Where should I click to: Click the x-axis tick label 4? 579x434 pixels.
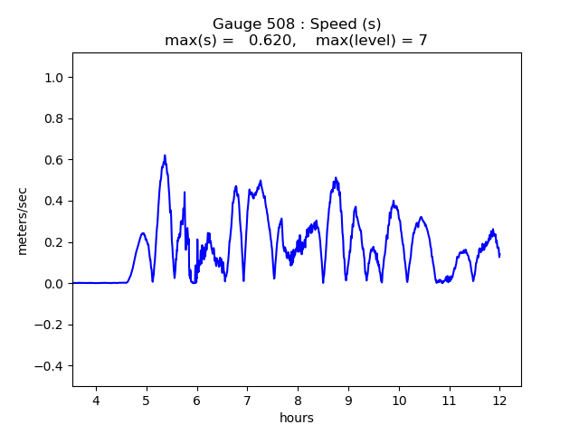click(x=96, y=401)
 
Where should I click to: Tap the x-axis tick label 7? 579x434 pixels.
click(x=247, y=401)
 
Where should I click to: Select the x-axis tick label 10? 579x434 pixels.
click(x=398, y=401)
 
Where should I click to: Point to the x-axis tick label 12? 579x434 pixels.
click(x=499, y=401)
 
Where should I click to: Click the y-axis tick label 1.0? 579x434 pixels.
click(x=54, y=78)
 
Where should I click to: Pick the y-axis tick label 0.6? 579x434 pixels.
click(x=54, y=160)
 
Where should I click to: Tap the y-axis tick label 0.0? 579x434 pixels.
click(x=54, y=284)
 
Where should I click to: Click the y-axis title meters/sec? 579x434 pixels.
click(x=23, y=221)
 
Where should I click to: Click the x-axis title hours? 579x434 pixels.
click(x=297, y=418)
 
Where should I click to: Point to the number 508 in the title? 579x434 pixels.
click(x=273, y=24)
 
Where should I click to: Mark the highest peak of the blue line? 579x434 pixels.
click(x=165, y=156)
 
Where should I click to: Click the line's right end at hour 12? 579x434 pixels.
click(x=499, y=255)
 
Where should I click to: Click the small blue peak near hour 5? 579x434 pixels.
click(x=143, y=233)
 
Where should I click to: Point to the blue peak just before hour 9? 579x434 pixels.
click(x=336, y=178)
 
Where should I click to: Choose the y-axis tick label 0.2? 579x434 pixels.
click(x=54, y=242)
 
